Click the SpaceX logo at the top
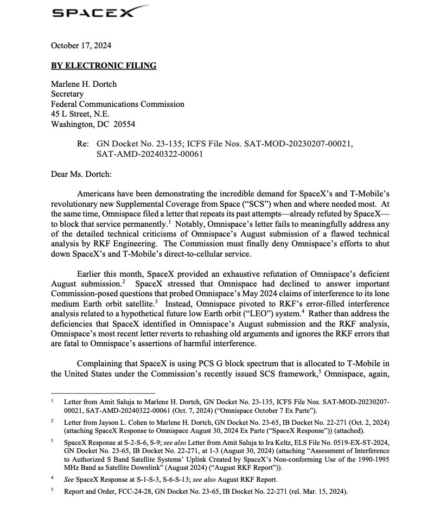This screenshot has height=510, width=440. (x=101, y=11)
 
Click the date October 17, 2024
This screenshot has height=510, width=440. (x=81, y=46)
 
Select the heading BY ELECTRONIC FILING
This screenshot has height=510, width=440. (x=104, y=66)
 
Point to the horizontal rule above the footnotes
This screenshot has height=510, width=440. (x=103, y=392)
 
